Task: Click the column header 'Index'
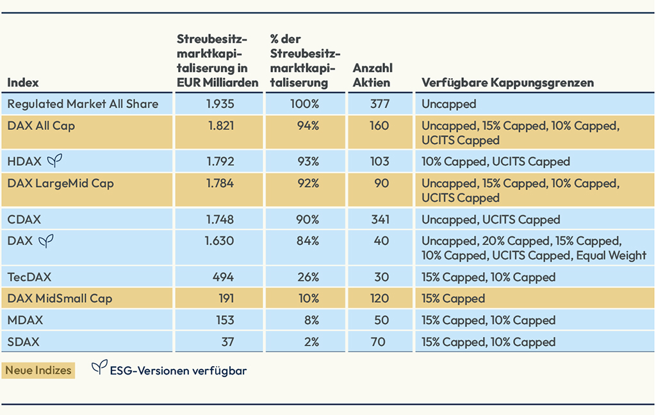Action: pos(23,83)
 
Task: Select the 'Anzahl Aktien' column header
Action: pos(372,75)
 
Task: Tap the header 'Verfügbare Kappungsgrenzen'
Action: pos(507,83)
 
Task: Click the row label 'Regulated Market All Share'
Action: pos(83,104)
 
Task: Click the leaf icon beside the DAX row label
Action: pos(46,241)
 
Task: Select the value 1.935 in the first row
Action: pos(220,104)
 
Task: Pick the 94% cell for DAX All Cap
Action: pos(308,126)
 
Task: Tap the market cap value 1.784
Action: pos(220,184)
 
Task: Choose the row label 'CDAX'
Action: pos(24,220)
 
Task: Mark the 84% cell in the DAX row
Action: pos(308,241)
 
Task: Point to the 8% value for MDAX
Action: pos(311,320)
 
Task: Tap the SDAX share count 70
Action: pos(378,342)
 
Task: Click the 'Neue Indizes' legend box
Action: pos(38,370)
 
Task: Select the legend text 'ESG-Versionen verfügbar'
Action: pos(178,370)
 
